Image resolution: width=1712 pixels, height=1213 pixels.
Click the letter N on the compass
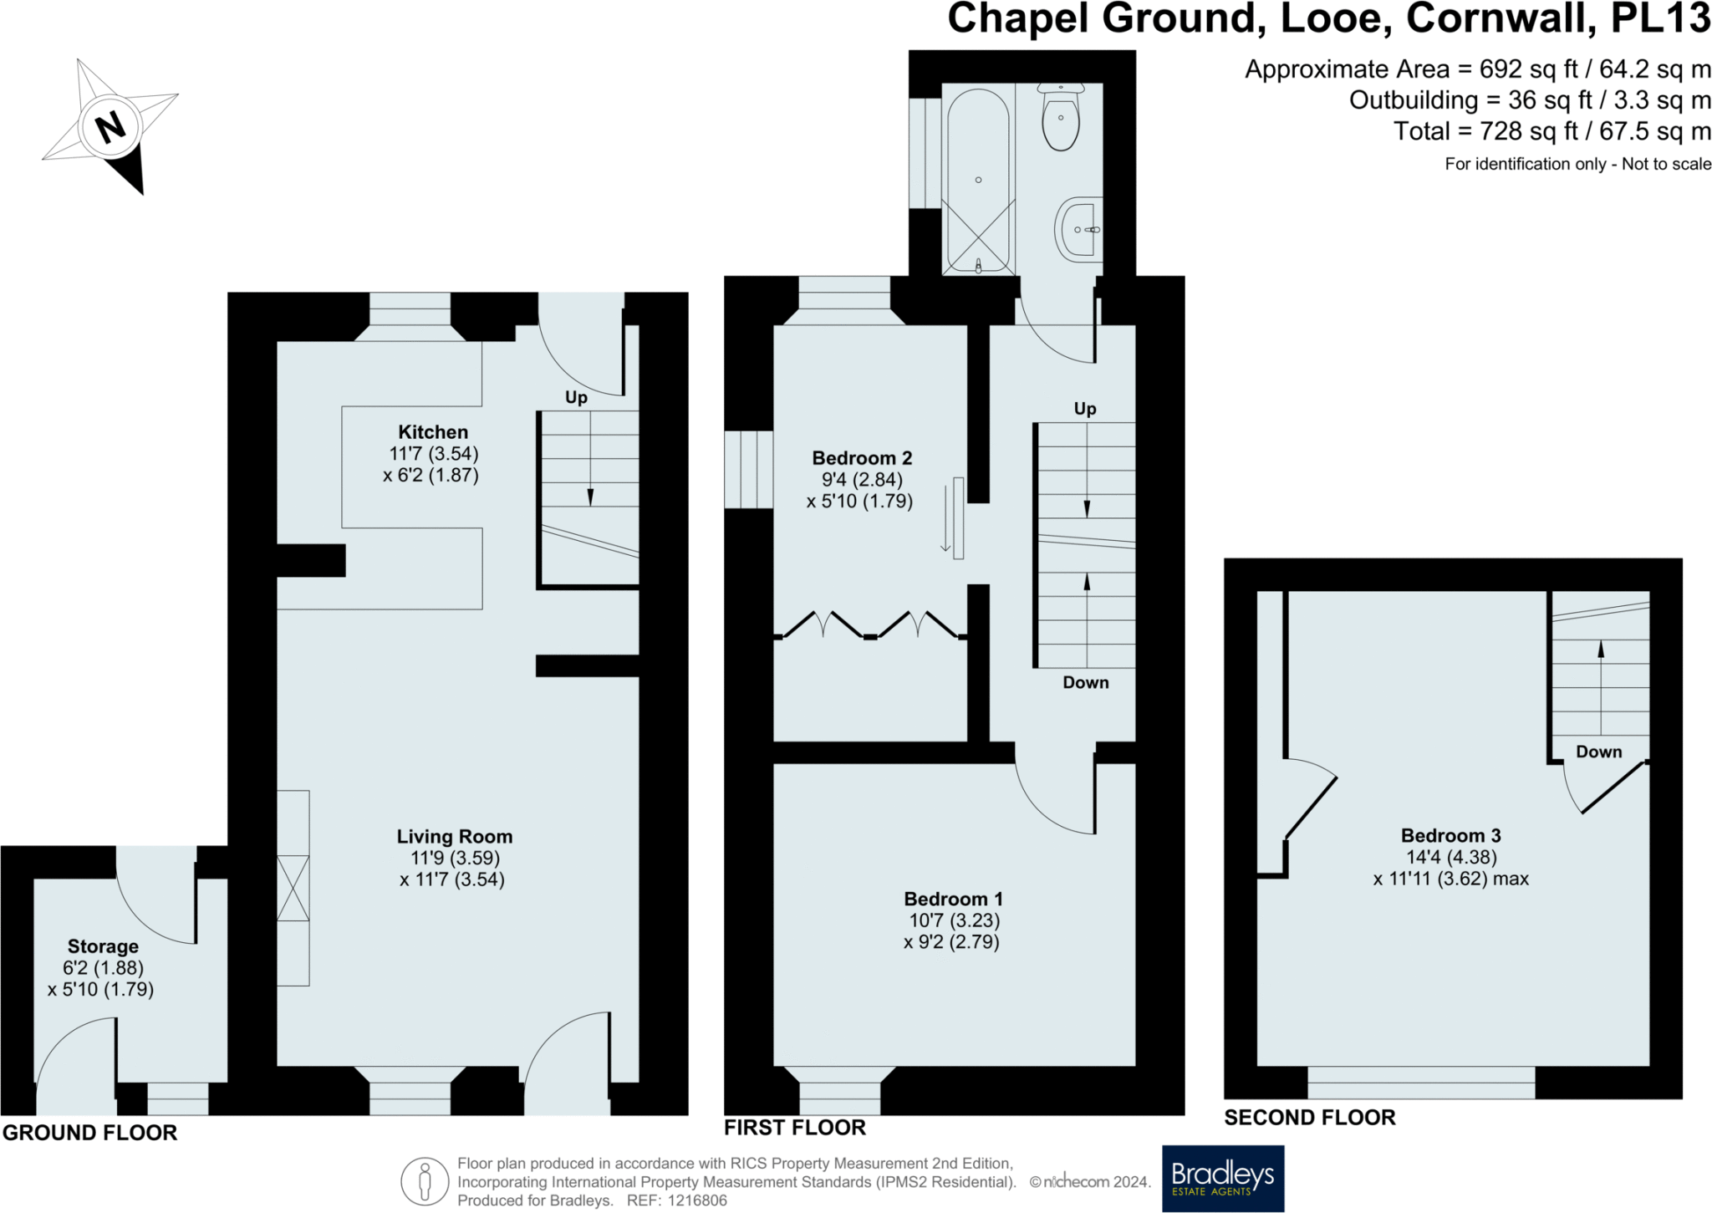110,128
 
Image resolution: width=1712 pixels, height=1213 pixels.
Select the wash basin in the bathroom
1079,229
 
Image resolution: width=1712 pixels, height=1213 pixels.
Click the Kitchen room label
433,432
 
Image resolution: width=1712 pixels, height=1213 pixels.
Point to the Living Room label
454,837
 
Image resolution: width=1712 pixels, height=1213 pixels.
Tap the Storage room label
103,946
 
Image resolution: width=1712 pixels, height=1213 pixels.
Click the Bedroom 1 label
953,900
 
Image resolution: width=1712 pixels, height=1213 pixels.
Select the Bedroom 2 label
862,458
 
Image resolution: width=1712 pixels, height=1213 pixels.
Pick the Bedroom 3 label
1450,835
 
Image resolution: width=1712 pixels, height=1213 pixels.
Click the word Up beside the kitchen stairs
576,398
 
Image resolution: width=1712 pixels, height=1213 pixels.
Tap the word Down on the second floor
1598,752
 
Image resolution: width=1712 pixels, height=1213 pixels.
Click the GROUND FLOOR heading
90,1133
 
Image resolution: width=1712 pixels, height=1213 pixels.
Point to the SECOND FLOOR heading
1309,1118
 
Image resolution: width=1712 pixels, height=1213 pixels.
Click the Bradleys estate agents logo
1222,1178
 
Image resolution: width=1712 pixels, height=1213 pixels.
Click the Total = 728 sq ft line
1551,131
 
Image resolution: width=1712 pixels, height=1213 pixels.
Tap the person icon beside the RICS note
424,1181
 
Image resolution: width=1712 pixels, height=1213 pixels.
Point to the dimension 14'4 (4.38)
1450,857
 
